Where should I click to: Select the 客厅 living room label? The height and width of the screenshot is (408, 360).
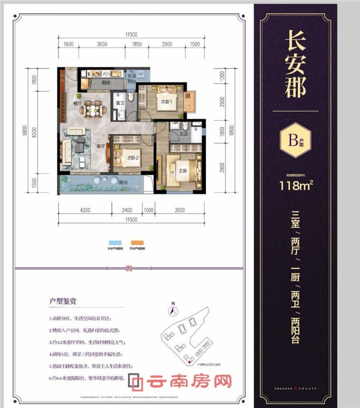click(101, 146)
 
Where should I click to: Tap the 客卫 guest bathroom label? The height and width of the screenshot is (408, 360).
click(119, 104)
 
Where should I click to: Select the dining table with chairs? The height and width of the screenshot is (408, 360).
click(89, 110)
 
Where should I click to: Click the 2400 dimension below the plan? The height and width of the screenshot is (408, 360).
click(127, 210)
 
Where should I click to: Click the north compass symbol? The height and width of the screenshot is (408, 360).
click(173, 310)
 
